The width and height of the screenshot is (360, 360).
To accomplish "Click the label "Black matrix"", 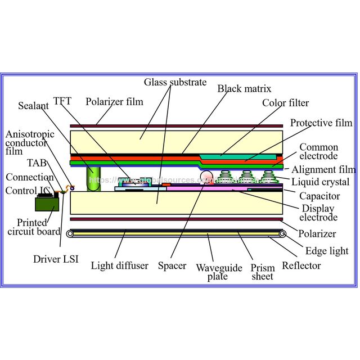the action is pos(244,89).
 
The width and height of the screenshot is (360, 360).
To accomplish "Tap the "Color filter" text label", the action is pos(285,103).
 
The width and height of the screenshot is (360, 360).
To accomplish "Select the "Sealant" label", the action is pos(33,106).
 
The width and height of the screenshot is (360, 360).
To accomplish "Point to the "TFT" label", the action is pos(62,101).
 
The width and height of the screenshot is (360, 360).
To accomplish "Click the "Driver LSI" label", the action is pos(56,259).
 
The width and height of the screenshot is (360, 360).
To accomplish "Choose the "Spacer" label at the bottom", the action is pos(172,266).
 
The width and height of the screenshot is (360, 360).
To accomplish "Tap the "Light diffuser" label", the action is pos(119,265).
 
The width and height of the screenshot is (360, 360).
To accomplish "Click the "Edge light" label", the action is pos(327,251).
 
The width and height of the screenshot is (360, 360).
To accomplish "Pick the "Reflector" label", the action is pos(301,265).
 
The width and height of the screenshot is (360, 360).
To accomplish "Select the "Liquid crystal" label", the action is pos(320,182).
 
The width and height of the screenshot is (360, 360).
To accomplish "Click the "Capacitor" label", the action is pos(319,196).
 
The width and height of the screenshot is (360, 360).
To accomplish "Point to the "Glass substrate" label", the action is pos(175,82).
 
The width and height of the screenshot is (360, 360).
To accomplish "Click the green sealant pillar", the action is pos(93,179).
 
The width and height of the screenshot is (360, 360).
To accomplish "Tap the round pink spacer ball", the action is pos(206,177).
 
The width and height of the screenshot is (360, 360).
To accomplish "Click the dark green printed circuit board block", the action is pos(47,204).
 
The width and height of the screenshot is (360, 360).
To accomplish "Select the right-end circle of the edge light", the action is pos(282,234).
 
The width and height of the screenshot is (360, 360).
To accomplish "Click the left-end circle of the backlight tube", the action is pos(70,234).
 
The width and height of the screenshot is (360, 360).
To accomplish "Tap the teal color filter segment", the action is pos(238,157).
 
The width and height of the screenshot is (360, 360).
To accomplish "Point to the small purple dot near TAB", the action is pos(72,188).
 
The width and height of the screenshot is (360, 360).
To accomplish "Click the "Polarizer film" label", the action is pos(114,102).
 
